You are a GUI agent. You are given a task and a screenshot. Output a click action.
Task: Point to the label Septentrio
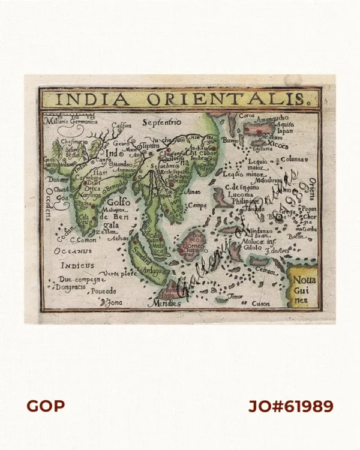[161, 122]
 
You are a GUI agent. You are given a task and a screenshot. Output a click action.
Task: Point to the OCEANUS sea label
[73, 251]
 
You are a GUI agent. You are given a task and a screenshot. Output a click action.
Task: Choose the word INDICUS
[77, 265]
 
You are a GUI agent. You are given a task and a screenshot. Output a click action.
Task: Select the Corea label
[247, 116]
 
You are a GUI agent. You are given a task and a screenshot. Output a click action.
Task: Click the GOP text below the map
[46, 406]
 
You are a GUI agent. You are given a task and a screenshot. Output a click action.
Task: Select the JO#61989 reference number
[291, 406]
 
